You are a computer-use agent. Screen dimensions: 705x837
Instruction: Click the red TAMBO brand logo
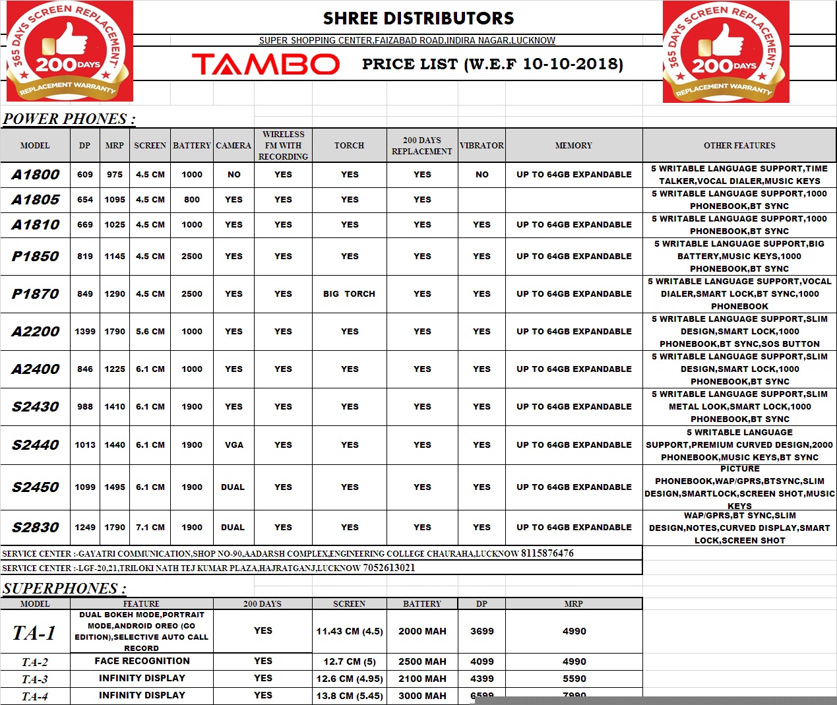point(266,64)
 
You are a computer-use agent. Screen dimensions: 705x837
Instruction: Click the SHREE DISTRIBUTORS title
point(418,18)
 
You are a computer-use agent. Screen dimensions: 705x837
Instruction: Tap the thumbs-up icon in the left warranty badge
point(65,41)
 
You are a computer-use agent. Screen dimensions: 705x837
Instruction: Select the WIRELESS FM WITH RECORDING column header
point(283,145)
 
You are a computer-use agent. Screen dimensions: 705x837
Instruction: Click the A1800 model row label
point(36,175)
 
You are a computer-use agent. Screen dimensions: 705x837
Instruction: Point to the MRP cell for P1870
point(115,294)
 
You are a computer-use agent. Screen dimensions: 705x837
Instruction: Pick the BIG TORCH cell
point(349,294)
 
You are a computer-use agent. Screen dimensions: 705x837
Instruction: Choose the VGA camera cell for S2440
point(234,445)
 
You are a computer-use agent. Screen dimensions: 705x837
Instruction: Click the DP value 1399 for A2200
point(85,332)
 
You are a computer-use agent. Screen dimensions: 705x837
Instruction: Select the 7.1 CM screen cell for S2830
point(150,528)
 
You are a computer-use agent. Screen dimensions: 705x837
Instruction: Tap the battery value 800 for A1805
point(192,200)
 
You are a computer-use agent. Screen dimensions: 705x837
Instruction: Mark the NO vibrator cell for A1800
point(482,175)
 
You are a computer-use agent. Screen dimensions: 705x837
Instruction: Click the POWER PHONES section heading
point(69,119)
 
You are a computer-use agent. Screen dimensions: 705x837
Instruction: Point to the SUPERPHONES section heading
point(64,588)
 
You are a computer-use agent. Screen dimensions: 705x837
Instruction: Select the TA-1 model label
point(34,633)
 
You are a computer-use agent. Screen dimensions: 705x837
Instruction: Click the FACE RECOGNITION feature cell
point(142,661)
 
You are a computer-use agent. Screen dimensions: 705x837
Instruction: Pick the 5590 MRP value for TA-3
point(574,679)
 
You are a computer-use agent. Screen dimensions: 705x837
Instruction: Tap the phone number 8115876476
point(547,553)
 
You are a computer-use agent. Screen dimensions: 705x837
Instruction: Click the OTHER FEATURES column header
point(739,145)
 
